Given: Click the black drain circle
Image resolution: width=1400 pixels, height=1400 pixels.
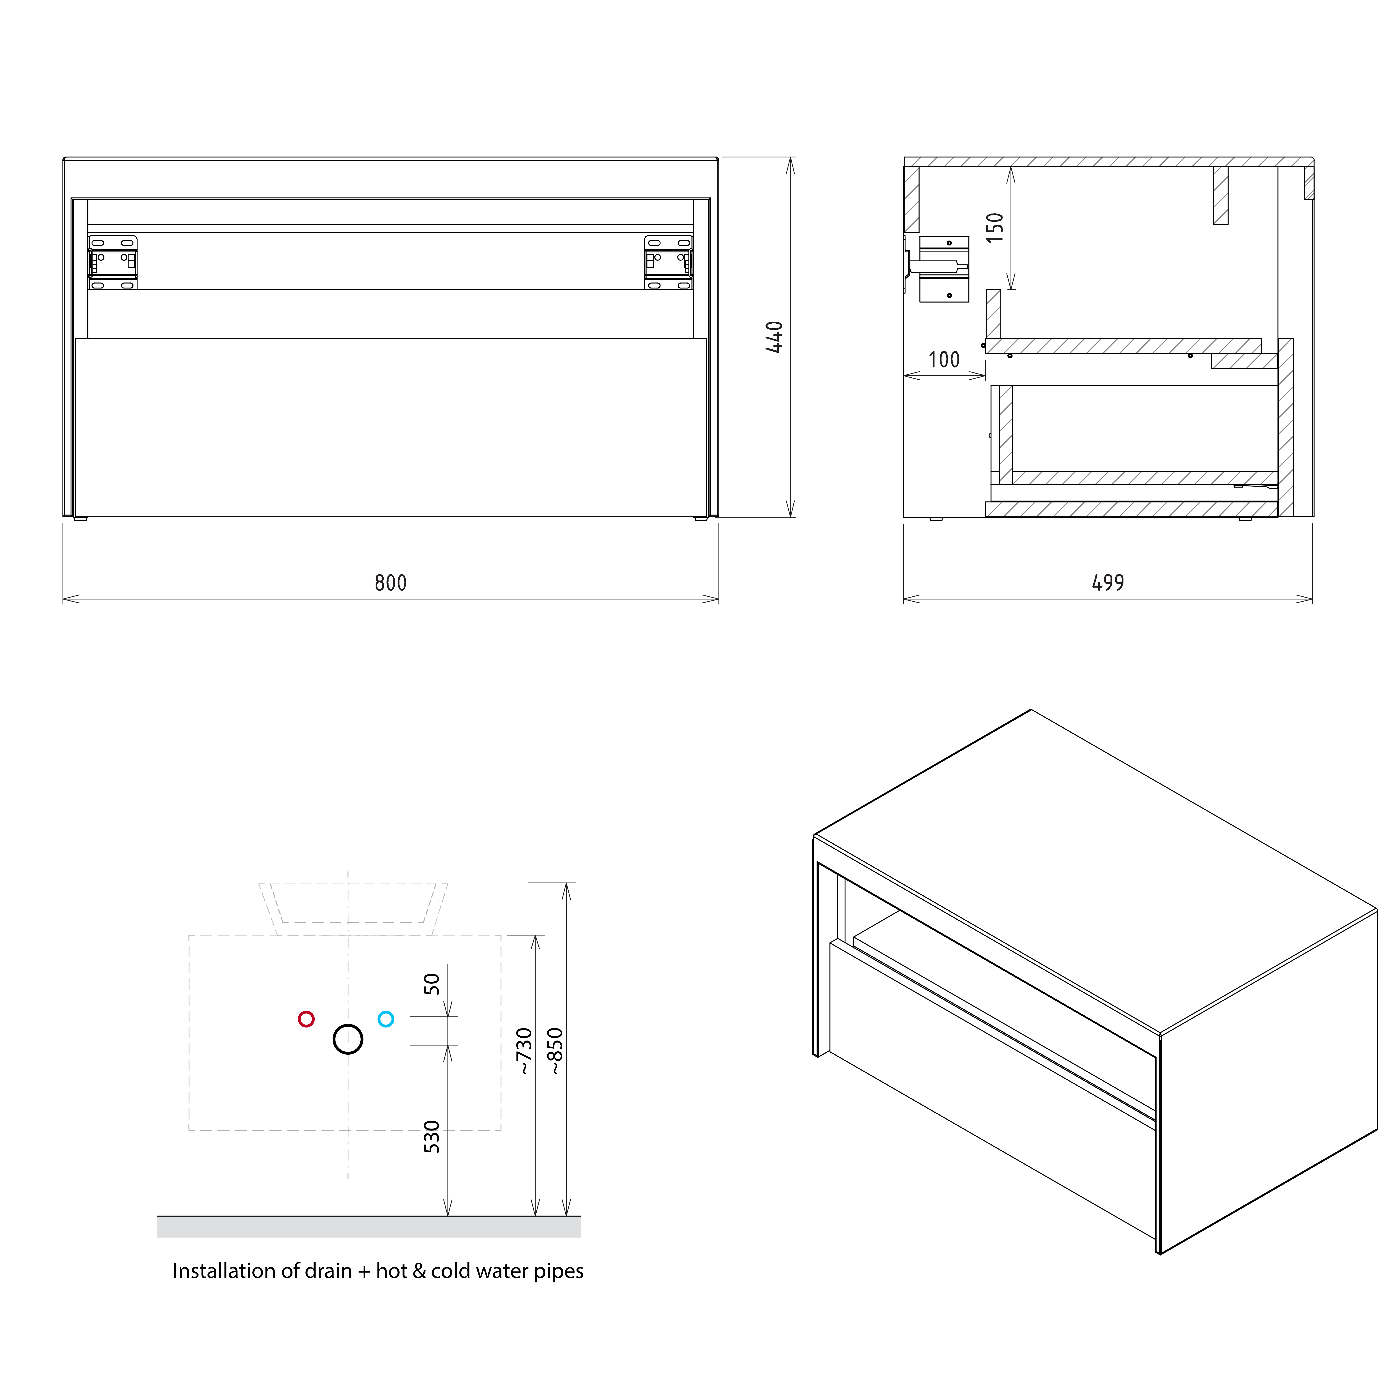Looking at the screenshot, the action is point(348,1039).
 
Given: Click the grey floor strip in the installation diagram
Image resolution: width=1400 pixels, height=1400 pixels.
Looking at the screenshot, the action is point(369,1226).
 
